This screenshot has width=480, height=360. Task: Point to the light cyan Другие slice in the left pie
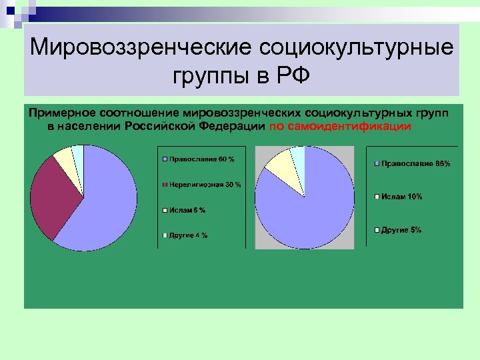(x=79, y=155)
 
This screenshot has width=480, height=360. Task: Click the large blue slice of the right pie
(x=307, y=207)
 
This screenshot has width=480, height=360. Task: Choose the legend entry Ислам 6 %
(x=187, y=210)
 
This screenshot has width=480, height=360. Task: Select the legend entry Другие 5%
(x=401, y=230)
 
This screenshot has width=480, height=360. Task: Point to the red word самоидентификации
(x=341, y=126)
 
